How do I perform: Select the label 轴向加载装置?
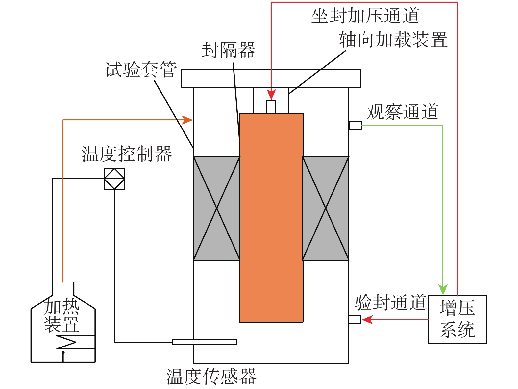click(x=393, y=40)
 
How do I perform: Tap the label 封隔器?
click(x=228, y=50)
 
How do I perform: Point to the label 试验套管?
click(x=141, y=70)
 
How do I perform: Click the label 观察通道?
click(x=403, y=112)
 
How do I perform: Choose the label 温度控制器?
click(x=127, y=154)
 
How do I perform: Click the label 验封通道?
click(x=390, y=302)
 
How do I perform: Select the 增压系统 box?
click(x=457, y=320)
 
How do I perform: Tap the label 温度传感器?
click(x=211, y=376)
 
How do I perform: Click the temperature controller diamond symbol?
click(x=114, y=179)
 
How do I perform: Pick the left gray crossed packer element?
click(x=216, y=208)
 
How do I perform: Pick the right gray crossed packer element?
click(x=326, y=208)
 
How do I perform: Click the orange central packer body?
click(x=271, y=217)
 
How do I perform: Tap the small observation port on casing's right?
click(x=355, y=125)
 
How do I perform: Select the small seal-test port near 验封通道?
click(x=355, y=320)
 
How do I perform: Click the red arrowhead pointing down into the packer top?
click(x=271, y=95)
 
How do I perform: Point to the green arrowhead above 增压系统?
click(x=443, y=290)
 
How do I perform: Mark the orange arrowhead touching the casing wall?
click(x=188, y=120)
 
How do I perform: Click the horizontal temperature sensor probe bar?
click(x=205, y=342)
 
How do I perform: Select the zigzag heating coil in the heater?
click(x=66, y=342)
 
